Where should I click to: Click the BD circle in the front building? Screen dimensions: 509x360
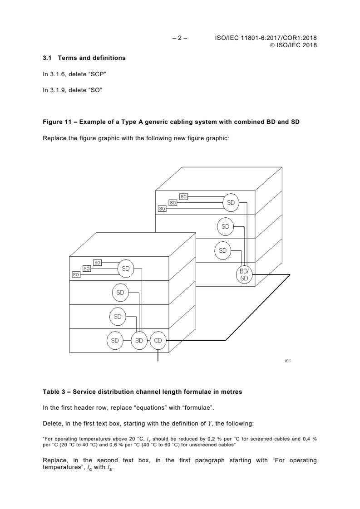pyautogui.click(x=139, y=340)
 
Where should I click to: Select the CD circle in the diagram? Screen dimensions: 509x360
pyautogui.click(x=158, y=340)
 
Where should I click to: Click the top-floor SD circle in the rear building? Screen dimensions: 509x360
pyautogui.click(x=231, y=203)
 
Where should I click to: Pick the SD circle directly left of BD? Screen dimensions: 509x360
pyautogui.click(x=115, y=340)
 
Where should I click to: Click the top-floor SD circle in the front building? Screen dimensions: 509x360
pyautogui.click(x=126, y=268)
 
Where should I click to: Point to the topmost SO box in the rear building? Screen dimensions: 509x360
pyautogui.click(x=183, y=196)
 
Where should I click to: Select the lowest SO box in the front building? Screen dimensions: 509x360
pyautogui.click(x=76, y=274)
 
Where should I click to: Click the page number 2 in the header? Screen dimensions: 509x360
pyautogui.click(x=180, y=38)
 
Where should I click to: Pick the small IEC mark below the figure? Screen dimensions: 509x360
pyautogui.click(x=287, y=361)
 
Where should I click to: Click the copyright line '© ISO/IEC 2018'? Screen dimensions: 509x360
pyautogui.click(x=294, y=45)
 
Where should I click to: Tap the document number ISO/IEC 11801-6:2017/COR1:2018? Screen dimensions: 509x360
pyautogui.click(x=265, y=38)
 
